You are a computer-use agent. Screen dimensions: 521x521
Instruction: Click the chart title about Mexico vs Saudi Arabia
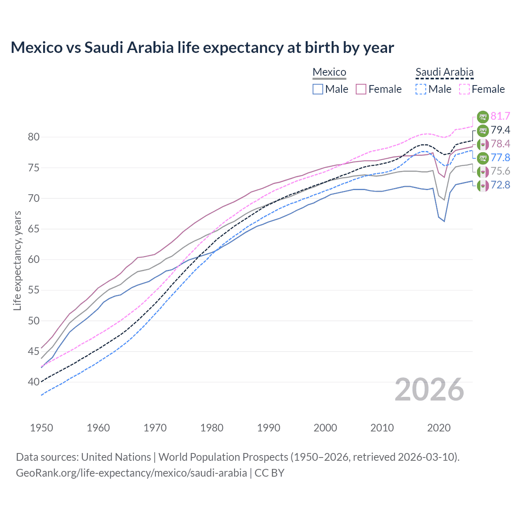click(x=202, y=48)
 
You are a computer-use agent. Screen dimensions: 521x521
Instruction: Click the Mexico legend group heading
click(x=329, y=72)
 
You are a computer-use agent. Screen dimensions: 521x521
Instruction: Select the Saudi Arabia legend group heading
click(x=444, y=72)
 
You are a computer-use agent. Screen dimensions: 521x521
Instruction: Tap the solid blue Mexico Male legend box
click(x=318, y=89)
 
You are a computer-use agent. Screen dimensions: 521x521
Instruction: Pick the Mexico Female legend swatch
click(x=361, y=89)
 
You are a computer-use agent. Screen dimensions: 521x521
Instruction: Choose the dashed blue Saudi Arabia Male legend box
click(x=421, y=89)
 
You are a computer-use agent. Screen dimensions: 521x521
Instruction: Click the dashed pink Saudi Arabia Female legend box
click(x=464, y=89)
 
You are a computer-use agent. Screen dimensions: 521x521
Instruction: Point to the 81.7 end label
click(x=500, y=116)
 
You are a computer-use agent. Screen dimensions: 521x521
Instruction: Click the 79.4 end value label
click(x=500, y=130)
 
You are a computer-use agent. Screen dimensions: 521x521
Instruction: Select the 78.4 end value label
click(x=500, y=144)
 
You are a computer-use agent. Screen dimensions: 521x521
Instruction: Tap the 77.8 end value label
click(x=500, y=158)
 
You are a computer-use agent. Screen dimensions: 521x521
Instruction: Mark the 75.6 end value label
click(x=500, y=171)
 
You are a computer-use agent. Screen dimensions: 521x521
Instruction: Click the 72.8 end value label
click(x=500, y=185)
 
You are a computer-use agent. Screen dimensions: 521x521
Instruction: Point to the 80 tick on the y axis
click(x=34, y=137)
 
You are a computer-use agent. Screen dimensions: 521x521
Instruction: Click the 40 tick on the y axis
click(x=34, y=382)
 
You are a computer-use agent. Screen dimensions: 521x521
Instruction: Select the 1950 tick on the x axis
click(x=42, y=428)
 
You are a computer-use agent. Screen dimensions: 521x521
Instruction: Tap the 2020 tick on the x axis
click(x=439, y=428)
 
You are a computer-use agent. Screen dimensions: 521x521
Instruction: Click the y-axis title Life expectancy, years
click(x=18, y=260)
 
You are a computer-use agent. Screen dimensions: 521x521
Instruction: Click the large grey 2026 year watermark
click(x=429, y=390)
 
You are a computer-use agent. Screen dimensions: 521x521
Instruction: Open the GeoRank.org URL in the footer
click(x=131, y=473)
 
